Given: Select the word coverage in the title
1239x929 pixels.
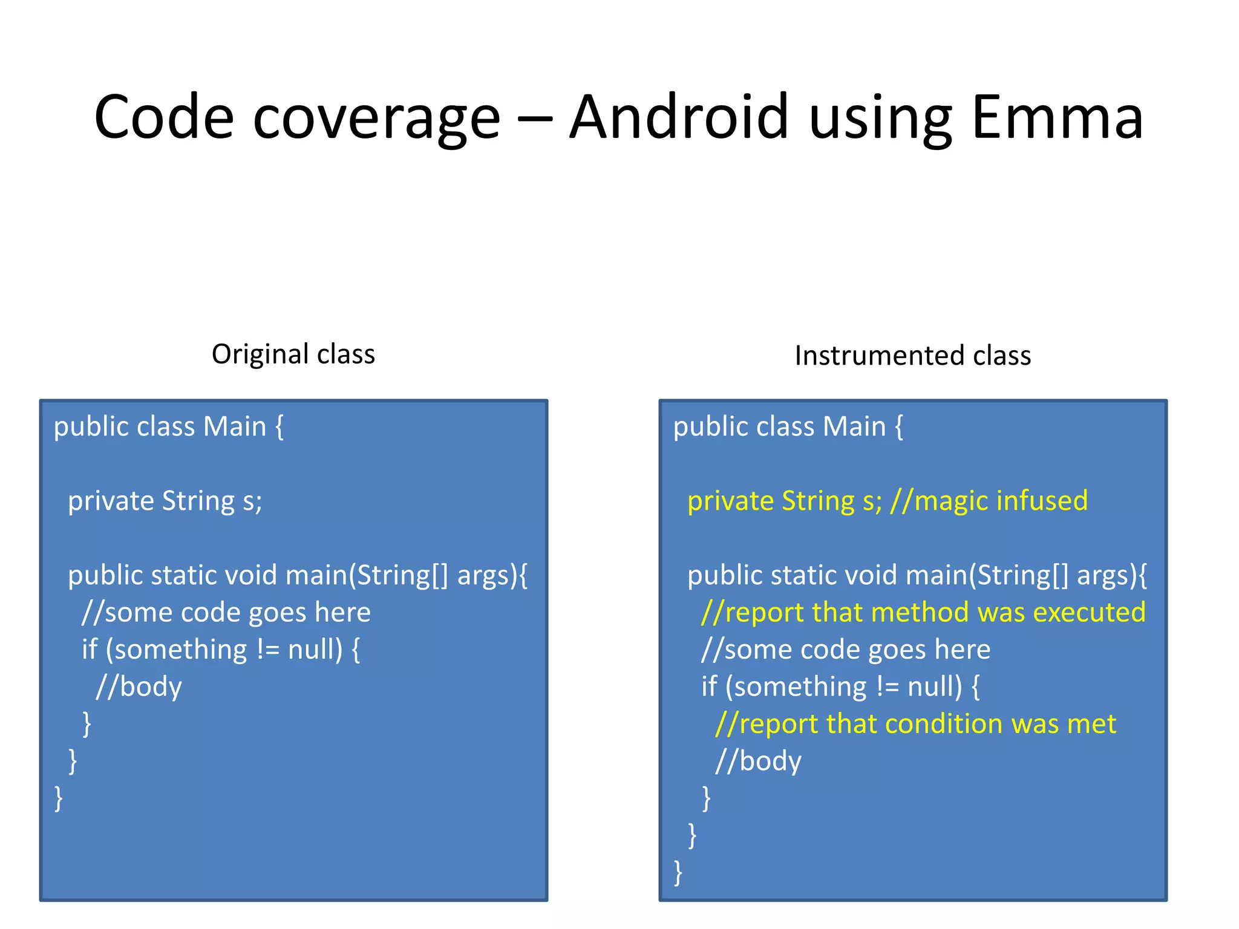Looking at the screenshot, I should tap(376, 119).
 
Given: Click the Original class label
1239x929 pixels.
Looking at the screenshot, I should tap(293, 354).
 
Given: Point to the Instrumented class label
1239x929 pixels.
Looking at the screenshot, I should tap(912, 355).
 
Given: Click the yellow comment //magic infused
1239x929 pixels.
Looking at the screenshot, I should tap(989, 501).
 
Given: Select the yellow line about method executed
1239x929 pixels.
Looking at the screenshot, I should tap(923, 612).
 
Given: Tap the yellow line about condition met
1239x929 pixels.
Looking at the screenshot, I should tap(915, 723).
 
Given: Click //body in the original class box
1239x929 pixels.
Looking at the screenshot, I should tap(139, 686).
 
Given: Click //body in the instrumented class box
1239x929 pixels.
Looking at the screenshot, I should tap(758, 761).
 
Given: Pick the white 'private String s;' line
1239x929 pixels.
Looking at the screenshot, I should tap(165, 501).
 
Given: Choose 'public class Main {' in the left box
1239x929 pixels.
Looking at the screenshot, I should tap(168, 426).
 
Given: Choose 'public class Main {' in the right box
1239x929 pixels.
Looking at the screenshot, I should tap(788, 426).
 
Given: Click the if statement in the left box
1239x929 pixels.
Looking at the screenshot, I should tap(221, 650).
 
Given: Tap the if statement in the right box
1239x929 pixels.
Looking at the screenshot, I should tap(840, 686).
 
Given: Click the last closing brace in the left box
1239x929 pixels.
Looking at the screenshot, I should tap(59, 798).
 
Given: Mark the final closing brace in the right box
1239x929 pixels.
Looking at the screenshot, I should tap(678, 872).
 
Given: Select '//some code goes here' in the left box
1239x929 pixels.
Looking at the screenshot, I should tap(226, 612).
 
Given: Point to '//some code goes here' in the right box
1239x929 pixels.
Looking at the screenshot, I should tap(845, 650).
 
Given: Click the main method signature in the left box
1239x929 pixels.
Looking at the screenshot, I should tap(298, 575).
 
